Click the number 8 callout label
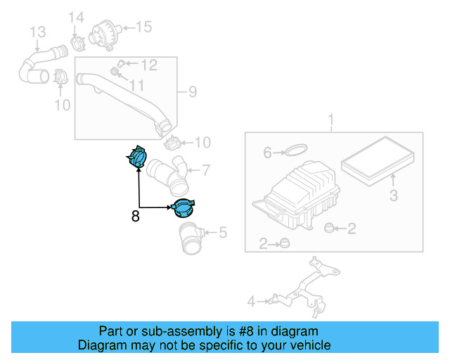click(135, 217)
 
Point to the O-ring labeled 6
click(297, 150)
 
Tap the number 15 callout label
click(143, 27)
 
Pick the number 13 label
click(37, 32)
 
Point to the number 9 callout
click(191, 91)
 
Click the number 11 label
click(136, 85)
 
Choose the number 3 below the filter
click(394, 194)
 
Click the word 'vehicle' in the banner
click(310, 345)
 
